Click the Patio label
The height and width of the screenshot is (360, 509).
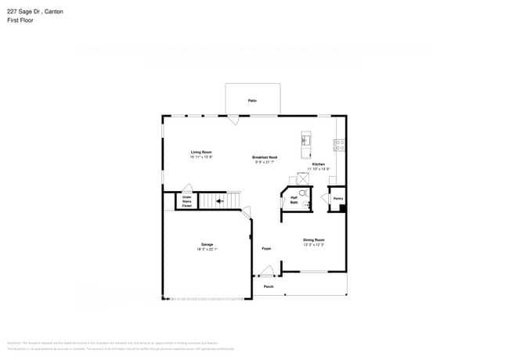pyautogui.click(x=252, y=101)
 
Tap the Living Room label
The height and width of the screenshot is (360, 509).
pyautogui.click(x=201, y=152)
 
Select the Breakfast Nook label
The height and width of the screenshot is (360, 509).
pyautogui.click(x=265, y=157)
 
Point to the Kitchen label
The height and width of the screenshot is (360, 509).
pyautogui.click(x=318, y=164)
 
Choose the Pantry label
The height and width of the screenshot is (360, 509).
pyautogui.click(x=338, y=199)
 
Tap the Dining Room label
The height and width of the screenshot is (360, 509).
pyautogui.click(x=314, y=239)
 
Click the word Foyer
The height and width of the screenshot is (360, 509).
pyautogui.click(x=266, y=247)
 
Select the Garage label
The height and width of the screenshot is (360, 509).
pyautogui.click(x=207, y=245)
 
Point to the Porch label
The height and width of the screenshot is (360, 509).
pyautogui.click(x=268, y=286)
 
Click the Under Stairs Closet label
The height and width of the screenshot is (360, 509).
pyautogui.click(x=187, y=202)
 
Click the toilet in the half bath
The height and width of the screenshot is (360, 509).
pyautogui.click(x=302, y=192)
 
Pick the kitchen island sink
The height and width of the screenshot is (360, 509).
pyautogui.click(x=305, y=142)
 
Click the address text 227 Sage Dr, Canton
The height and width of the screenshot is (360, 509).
pyautogui.click(x=35, y=12)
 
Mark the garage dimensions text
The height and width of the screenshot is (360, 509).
pyautogui.click(x=207, y=250)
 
